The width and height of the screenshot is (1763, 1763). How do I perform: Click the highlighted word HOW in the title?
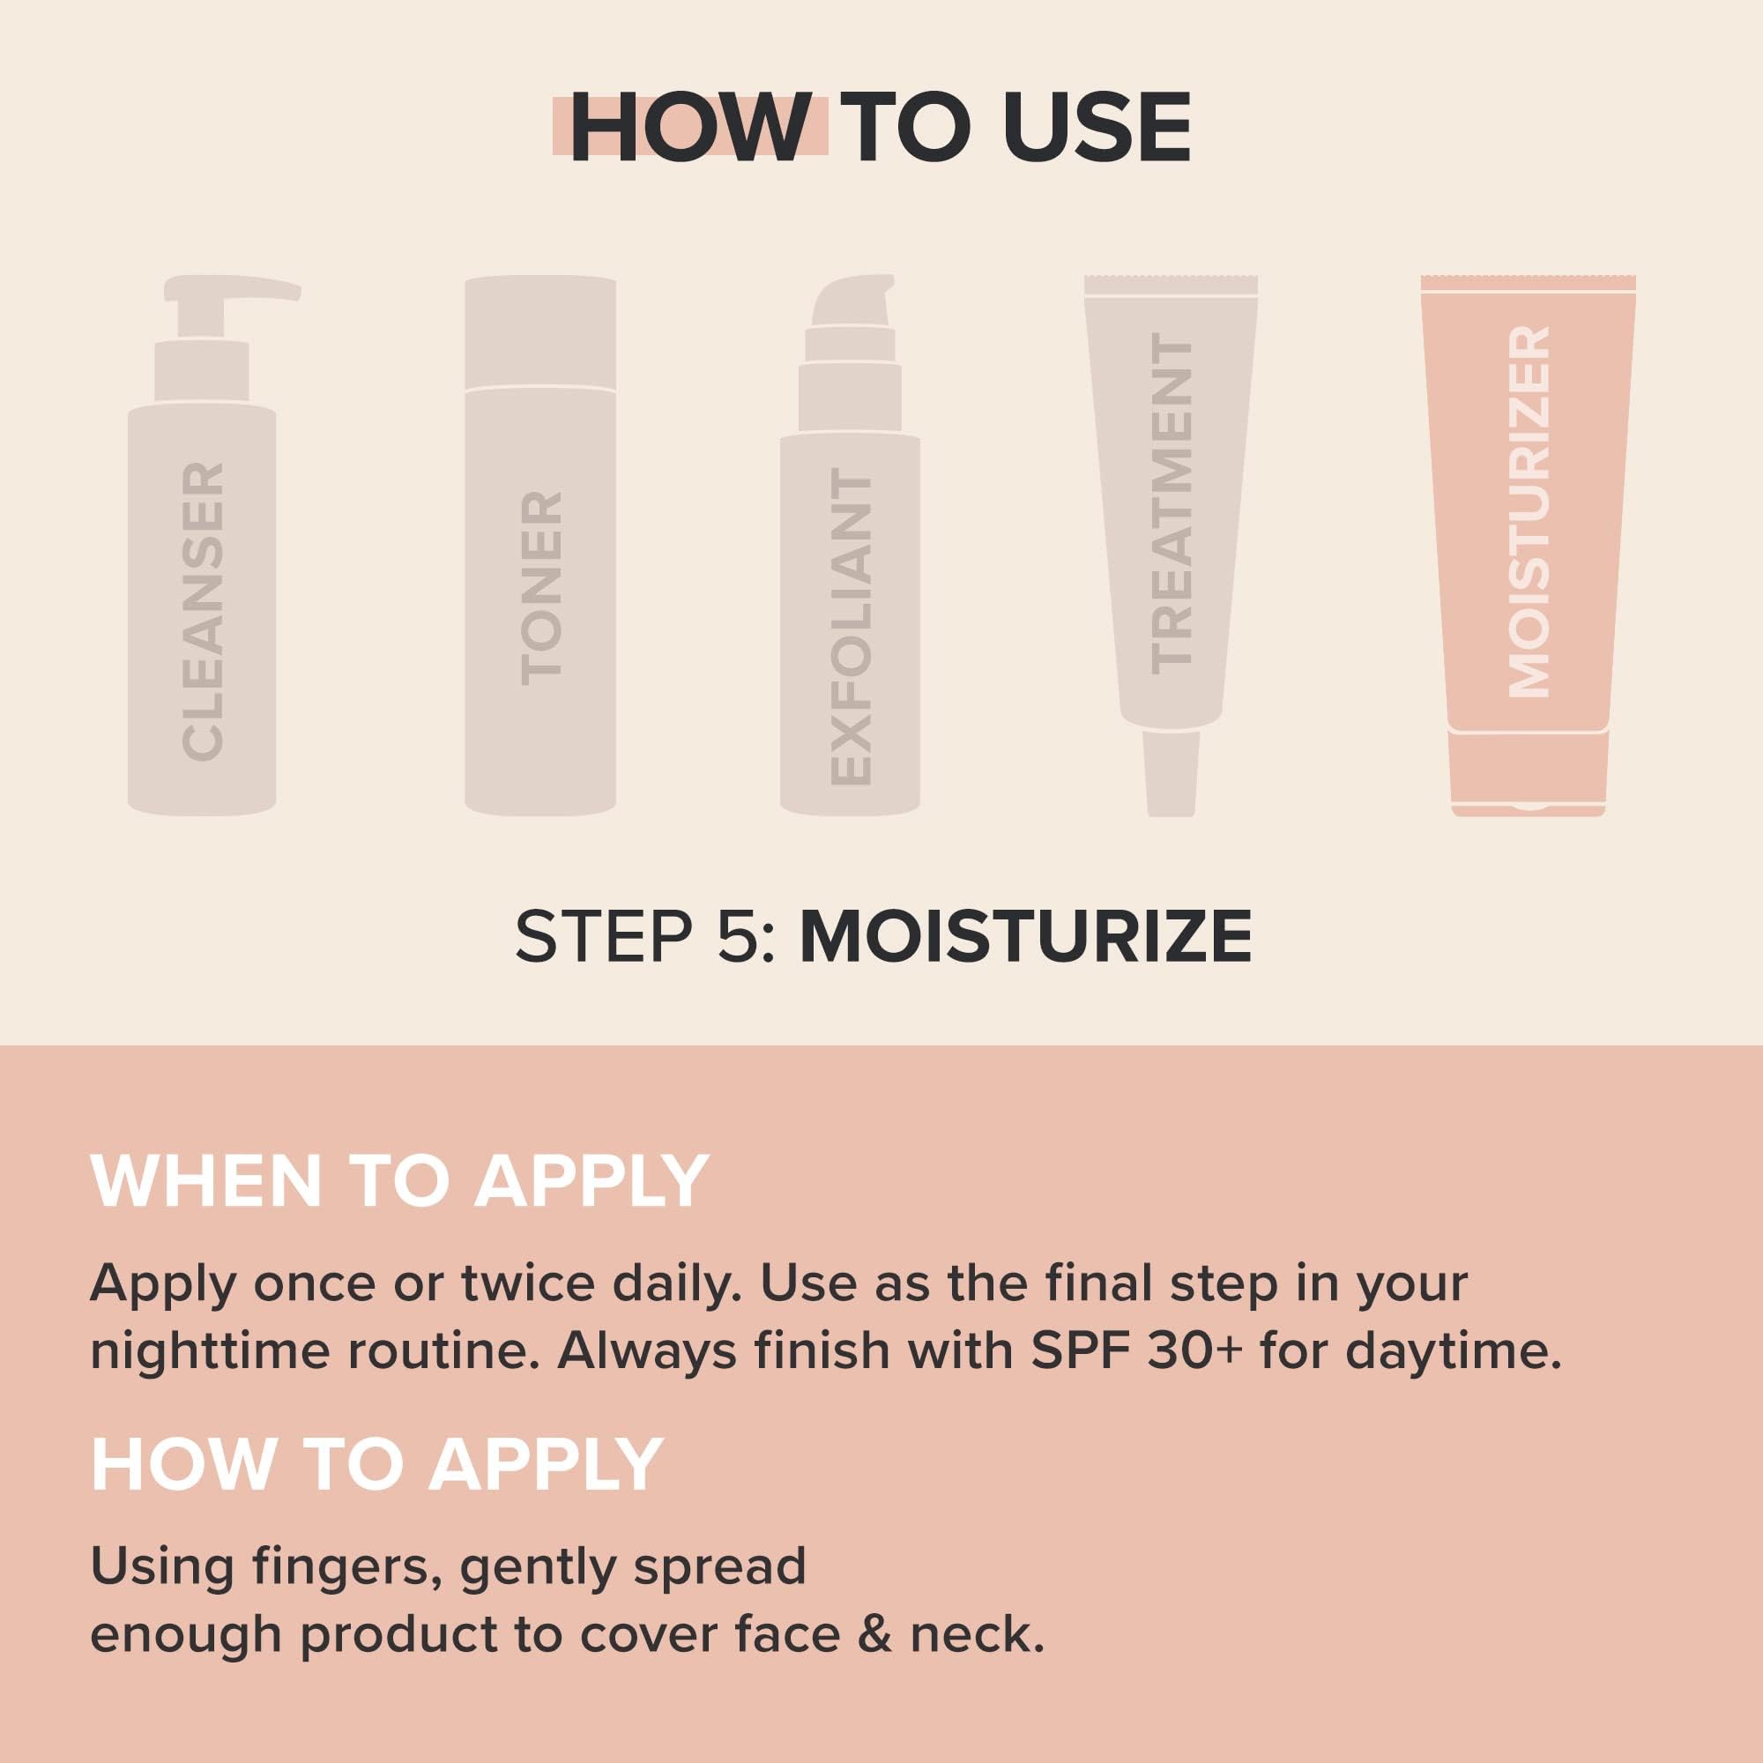tap(690, 128)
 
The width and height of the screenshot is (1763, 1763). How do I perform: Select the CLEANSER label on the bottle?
tap(203, 611)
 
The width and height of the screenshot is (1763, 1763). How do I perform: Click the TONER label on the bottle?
tap(540, 588)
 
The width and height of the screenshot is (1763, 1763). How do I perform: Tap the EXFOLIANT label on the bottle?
tap(851, 629)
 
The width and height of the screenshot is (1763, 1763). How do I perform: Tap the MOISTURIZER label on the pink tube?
tap(1528, 512)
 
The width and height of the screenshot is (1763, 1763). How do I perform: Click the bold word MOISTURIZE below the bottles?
tap(1026, 935)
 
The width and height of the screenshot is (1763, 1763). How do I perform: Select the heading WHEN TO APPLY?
tap(399, 1182)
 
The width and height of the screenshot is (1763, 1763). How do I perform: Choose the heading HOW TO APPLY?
tap(376, 1464)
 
